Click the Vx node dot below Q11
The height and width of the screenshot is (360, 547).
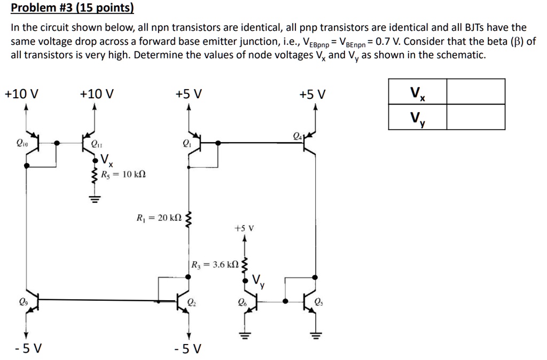(x=95, y=160)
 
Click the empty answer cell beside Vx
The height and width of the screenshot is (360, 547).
(x=475, y=91)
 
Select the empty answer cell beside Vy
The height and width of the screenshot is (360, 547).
(x=475, y=117)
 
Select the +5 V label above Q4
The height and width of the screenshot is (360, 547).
(x=312, y=95)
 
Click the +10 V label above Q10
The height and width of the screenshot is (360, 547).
(x=21, y=95)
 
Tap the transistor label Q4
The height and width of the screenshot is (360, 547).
(x=298, y=136)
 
